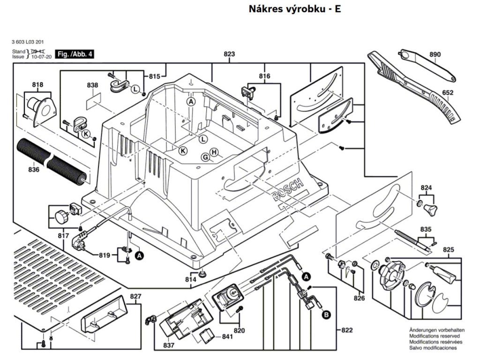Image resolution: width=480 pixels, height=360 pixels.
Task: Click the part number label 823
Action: (x=229, y=54)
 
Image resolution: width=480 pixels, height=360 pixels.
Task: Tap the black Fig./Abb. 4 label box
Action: (x=75, y=54)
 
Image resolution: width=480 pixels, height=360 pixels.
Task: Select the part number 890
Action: (x=435, y=54)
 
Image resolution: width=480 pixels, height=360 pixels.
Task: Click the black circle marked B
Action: (x=327, y=315)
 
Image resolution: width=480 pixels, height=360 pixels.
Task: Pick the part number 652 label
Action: (x=447, y=92)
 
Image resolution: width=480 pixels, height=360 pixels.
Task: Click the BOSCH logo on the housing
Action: (x=288, y=190)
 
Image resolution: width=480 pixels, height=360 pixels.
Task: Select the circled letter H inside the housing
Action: (x=214, y=152)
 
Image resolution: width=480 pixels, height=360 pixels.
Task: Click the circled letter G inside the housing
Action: (x=206, y=157)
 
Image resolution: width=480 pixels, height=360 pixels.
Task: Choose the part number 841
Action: (x=227, y=337)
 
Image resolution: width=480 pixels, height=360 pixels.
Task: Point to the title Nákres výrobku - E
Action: (x=294, y=9)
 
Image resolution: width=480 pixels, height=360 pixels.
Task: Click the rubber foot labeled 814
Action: (x=202, y=273)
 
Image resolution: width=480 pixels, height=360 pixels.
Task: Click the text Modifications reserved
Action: (x=435, y=336)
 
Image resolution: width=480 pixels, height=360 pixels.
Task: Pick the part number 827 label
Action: (x=135, y=296)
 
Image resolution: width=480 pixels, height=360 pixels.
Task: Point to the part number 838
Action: (x=92, y=85)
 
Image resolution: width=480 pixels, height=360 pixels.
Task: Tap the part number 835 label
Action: (x=426, y=229)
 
